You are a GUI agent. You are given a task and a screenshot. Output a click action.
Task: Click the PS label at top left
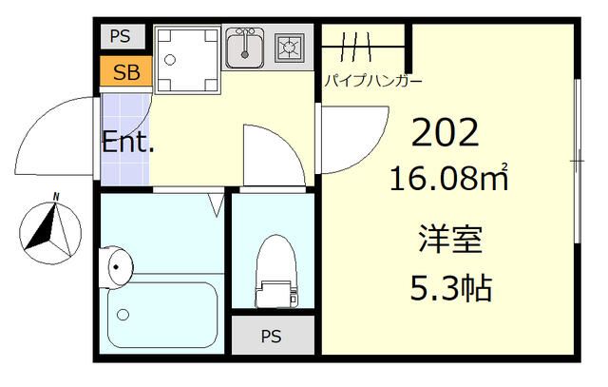click(x=120, y=37)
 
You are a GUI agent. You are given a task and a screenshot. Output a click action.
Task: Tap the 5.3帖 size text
click(x=451, y=287)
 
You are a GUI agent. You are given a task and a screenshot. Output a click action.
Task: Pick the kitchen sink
click(x=246, y=48)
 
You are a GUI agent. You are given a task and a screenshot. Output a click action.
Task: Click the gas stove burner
click(x=289, y=47)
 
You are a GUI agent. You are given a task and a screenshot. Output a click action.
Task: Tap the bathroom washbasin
click(x=115, y=267)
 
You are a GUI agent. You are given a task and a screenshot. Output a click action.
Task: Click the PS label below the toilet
click(x=271, y=336)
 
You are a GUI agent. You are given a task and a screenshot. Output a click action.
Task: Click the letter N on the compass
click(x=56, y=197)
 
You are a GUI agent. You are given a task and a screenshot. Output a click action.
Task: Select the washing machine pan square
click(x=185, y=59)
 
